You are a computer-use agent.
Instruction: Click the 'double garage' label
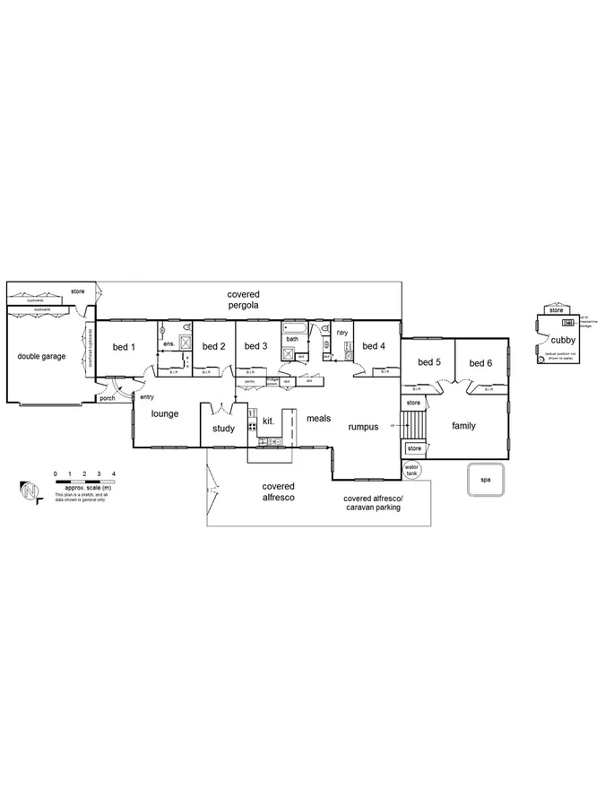pyautogui.click(x=42, y=356)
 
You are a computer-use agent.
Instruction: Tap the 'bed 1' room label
pyautogui.click(x=123, y=347)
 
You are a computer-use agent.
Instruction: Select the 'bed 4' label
pyautogui.click(x=374, y=346)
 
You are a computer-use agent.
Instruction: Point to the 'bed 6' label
pyautogui.click(x=480, y=362)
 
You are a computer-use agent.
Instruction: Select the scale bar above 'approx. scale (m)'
pyautogui.click(x=84, y=482)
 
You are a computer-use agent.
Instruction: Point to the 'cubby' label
pyautogui.click(x=563, y=340)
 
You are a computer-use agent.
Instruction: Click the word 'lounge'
pyautogui.click(x=165, y=413)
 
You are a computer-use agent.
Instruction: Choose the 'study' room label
pyautogui.click(x=223, y=429)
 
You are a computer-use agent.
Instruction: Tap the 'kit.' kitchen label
pyautogui.click(x=268, y=420)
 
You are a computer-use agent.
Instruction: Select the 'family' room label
pyautogui.click(x=463, y=425)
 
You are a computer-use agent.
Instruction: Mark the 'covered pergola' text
pyautogui.click(x=243, y=299)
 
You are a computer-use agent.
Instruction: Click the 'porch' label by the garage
pyautogui.click(x=108, y=398)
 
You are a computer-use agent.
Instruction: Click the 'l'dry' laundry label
pyautogui.click(x=342, y=333)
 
